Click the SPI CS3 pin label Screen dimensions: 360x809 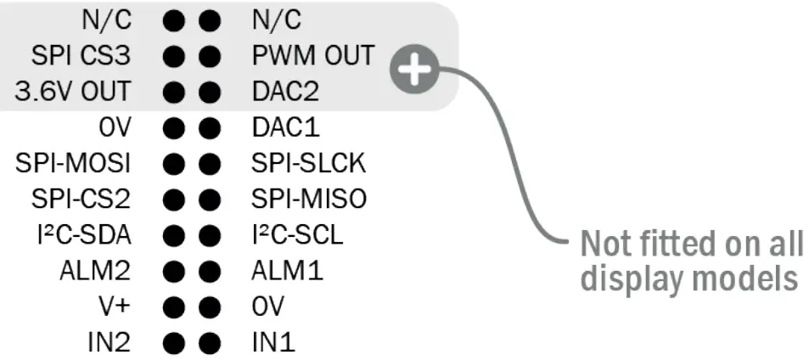tap(81, 55)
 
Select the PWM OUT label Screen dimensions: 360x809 tap(312, 55)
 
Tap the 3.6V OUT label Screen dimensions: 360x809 tap(71, 91)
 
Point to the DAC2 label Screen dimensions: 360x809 tap(284, 91)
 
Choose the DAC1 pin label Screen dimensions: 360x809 tap(284, 127)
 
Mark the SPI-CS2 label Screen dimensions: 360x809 tap(81, 200)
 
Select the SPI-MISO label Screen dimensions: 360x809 tap(309, 200)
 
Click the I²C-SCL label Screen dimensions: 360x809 tap(297, 235)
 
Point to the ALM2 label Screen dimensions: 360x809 tap(95, 272)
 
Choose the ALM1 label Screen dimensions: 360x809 tap(287, 272)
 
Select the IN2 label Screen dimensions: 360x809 tap(108, 343)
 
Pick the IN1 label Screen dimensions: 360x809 tap(272, 343)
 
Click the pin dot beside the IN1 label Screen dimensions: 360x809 tap(209, 344)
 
